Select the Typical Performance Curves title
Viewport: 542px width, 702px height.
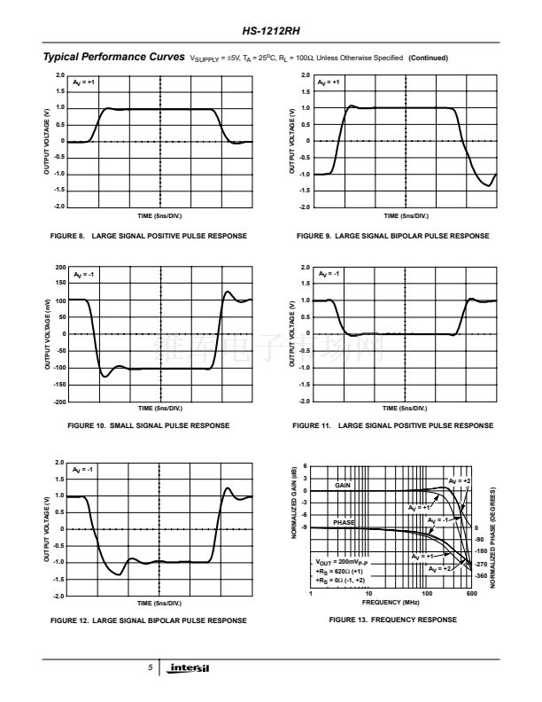click(114, 58)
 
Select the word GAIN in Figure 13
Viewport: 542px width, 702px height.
click(344, 486)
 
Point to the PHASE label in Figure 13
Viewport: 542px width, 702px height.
click(344, 523)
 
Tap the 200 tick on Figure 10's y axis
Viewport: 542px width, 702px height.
click(59, 267)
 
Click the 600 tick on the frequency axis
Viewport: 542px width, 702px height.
click(471, 594)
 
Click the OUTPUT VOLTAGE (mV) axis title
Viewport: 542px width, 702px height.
click(46, 333)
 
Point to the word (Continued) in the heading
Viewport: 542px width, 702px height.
click(429, 58)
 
